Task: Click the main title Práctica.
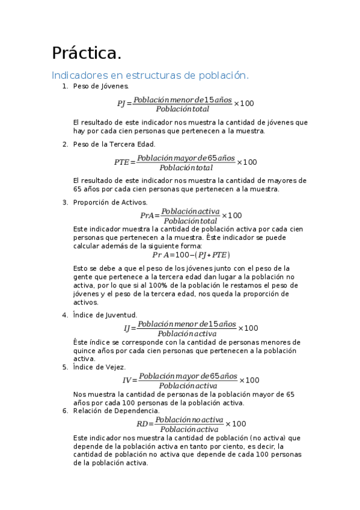87,54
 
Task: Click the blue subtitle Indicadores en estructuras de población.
150,76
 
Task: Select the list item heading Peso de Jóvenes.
100,87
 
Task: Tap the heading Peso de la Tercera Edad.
114,144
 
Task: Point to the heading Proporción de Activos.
110,202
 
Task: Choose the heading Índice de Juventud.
105,315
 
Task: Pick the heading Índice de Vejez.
99,367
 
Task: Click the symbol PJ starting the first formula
121,103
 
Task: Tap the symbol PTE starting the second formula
122,162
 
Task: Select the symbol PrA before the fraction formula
147,215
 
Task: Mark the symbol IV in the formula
127,380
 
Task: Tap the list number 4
65,315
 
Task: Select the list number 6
65,411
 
